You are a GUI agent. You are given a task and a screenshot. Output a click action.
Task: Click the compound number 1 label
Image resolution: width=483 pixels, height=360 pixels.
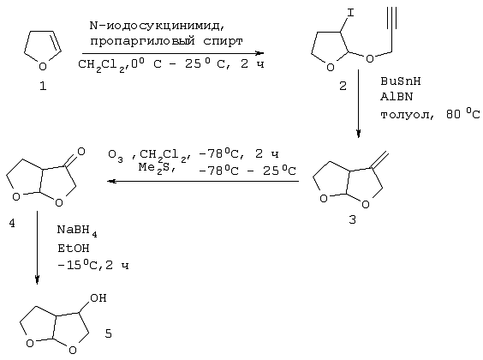pos(43,86)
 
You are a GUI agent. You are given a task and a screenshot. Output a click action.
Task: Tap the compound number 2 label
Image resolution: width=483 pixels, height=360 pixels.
pos(343,86)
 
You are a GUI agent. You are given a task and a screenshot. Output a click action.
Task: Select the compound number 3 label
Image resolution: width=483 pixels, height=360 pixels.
pos(352,219)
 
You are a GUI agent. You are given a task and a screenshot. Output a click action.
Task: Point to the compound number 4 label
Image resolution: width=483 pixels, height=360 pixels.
pos(12,223)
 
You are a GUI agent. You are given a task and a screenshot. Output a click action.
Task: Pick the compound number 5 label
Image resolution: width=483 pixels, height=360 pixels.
pos(108,333)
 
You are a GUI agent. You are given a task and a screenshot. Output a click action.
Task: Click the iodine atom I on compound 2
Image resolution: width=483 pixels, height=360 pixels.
pos(350,13)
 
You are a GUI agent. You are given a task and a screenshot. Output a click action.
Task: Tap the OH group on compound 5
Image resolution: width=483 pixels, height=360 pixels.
pos(98,298)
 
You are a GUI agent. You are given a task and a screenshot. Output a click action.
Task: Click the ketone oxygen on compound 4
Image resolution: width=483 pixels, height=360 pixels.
pos(81,152)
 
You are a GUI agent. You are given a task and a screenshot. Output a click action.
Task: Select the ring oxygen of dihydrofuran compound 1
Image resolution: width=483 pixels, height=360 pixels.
pos(43,66)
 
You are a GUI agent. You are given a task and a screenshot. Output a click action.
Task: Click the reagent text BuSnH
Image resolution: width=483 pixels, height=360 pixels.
pos(401,81)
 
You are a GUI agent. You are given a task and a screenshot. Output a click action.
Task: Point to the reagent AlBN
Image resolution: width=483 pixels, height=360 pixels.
pos(397,97)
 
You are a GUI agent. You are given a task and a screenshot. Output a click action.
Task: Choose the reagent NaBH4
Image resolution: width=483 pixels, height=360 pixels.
pos(77,231)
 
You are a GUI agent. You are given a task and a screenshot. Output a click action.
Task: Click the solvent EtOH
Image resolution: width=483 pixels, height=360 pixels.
pos(74,248)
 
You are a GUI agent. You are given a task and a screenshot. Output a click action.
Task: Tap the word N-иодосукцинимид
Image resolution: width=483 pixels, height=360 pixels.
pos(157,26)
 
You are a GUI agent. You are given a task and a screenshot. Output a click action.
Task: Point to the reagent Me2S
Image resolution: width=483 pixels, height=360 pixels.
pos(157,168)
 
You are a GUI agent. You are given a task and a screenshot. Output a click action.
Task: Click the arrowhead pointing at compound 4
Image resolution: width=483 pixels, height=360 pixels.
pos(111,181)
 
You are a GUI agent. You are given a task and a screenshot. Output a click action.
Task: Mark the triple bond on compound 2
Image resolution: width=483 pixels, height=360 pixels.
pos(391,19)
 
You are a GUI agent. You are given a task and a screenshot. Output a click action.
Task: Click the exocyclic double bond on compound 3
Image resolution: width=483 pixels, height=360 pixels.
pos(380,160)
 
